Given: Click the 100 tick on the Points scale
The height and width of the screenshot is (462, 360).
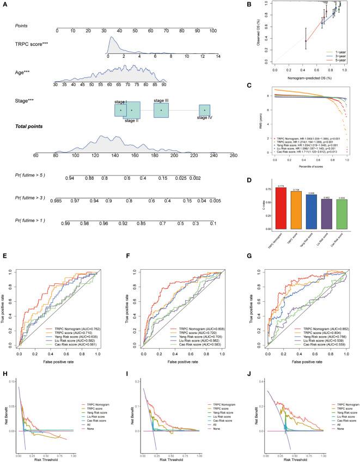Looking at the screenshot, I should click(216, 32).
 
